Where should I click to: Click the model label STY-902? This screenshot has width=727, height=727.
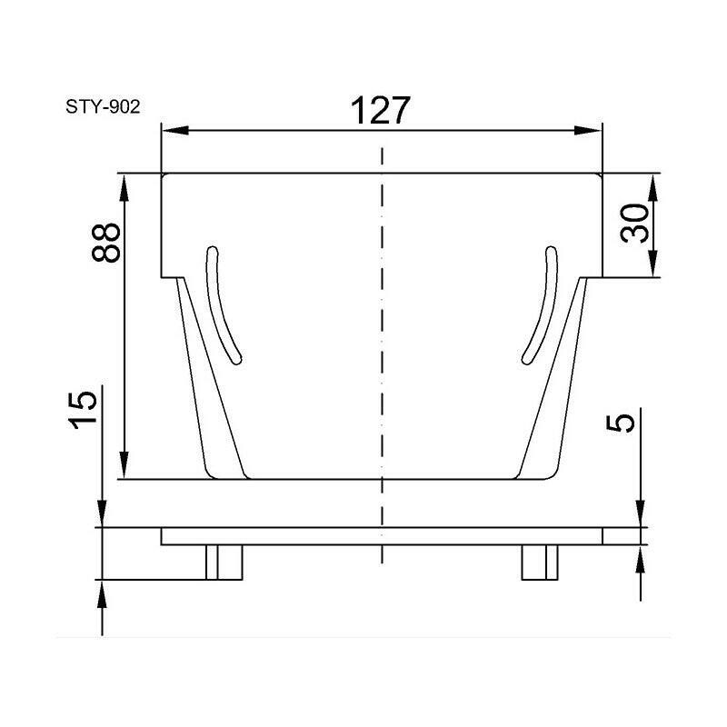pyautogui.click(x=103, y=107)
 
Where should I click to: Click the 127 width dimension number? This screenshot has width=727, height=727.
pyautogui.click(x=380, y=110)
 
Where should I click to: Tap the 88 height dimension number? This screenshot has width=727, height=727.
pyautogui.click(x=106, y=243)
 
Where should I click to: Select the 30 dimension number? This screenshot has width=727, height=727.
pyautogui.click(x=634, y=223)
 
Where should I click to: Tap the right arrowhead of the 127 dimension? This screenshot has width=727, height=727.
pyautogui.click(x=587, y=130)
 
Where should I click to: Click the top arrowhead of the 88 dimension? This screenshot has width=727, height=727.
pyautogui.click(x=124, y=188)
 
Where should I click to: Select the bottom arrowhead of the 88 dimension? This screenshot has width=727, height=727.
pyautogui.click(x=124, y=465)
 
